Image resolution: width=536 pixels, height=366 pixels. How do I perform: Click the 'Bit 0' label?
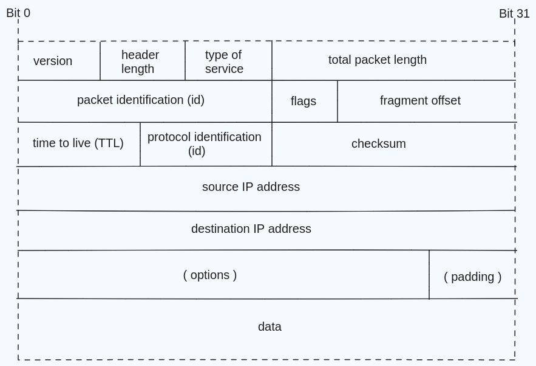click(18, 13)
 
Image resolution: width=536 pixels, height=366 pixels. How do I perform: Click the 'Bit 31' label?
click(514, 13)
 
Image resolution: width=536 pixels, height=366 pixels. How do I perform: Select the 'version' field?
click(53, 61)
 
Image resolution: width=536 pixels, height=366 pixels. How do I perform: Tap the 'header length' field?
click(140, 61)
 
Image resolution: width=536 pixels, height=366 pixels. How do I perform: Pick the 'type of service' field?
click(224, 61)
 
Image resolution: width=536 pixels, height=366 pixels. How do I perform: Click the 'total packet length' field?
click(378, 60)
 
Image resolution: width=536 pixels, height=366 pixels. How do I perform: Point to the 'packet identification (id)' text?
click(141, 100)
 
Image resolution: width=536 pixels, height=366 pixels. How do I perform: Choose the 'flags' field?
click(304, 101)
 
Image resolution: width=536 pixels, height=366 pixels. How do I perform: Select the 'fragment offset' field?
click(420, 100)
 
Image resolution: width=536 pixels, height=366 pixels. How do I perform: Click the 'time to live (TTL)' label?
click(78, 143)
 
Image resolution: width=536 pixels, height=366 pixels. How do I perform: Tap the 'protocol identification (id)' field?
click(205, 143)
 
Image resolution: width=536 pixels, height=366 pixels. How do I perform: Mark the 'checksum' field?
click(379, 143)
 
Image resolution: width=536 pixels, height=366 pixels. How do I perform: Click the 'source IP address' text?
click(251, 187)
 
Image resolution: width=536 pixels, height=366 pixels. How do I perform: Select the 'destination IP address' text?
click(251, 229)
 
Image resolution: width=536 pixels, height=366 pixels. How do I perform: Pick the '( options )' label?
click(210, 275)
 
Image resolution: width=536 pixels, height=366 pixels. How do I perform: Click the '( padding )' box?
click(472, 277)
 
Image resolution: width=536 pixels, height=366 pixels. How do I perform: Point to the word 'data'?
click(270, 326)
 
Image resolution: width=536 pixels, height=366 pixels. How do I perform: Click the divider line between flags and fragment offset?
click(338, 102)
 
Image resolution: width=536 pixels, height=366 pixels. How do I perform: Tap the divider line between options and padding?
click(429, 275)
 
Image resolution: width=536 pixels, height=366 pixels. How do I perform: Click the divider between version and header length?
click(100, 61)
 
